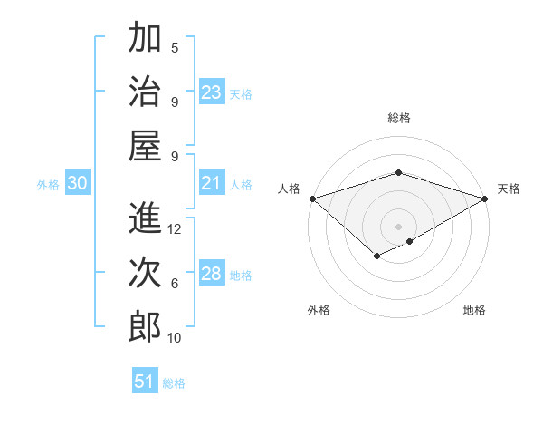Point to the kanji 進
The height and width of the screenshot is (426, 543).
[x=145, y=218]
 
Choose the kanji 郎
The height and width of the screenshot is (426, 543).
[x=145, y=327]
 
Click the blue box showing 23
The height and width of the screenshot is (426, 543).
[x=212, y=92]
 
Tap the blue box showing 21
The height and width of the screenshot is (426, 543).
[x=212, y=184]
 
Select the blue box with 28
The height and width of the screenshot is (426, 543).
[x=212, y=275]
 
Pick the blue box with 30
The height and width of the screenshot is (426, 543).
[x=78, y=184]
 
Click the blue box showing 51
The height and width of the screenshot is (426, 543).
[x=144, y=382]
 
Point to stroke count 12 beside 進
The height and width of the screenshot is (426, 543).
[x=175, y=229]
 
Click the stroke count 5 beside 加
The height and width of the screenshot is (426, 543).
[x=175, y=47]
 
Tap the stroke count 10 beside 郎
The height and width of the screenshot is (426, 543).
[x=175, y=338]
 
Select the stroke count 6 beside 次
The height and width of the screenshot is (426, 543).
[x=175, y=284]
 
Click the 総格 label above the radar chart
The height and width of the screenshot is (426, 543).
[x=399, y=118]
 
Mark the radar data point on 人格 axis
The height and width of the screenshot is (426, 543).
[x=312, y=198]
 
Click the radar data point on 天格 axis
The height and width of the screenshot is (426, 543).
[x=485, y=198]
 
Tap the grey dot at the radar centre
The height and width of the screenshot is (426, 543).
[x=399, y=226]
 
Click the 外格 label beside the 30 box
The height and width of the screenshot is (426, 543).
[x=48, y=185]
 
